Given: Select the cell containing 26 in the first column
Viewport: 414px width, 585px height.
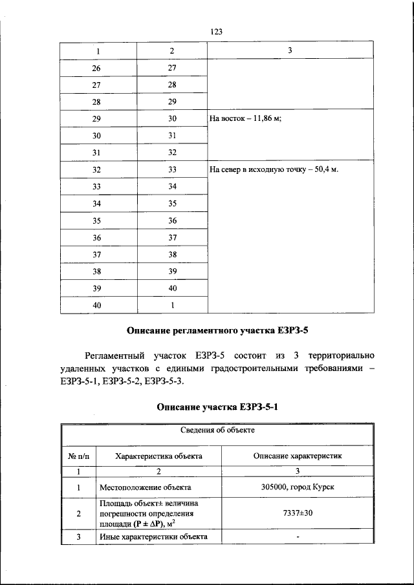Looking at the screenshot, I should point(98,68).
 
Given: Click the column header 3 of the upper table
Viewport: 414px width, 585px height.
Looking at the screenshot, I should point(290,51).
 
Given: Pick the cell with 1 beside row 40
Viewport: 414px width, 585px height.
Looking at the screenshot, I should point(172,304).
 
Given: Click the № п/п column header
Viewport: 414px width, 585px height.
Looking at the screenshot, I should point(78,456).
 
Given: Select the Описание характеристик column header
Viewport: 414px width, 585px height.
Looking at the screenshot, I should point(298,456).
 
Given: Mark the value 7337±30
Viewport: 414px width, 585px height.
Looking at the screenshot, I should point(298,513).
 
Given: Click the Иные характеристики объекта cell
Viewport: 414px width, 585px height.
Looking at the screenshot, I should point(153,537).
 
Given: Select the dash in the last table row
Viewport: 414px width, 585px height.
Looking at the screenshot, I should point(298,538).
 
